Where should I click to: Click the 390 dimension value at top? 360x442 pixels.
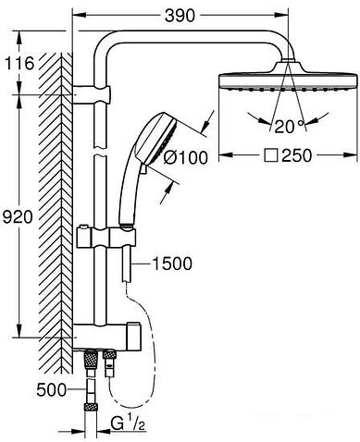pos(180,16)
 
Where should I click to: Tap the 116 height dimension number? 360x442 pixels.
pos(19,64)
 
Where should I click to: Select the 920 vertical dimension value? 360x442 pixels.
pos(18,217)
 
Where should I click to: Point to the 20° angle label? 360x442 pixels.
pos(285,127)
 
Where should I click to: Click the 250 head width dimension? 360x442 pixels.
pos(297,155)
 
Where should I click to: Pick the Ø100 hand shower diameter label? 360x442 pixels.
pos(186,158)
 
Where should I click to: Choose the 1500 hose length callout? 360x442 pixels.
pos(172,264)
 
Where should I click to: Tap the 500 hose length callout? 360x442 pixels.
pos(51,390)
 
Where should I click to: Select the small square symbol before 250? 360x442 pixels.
pos(271,155)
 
